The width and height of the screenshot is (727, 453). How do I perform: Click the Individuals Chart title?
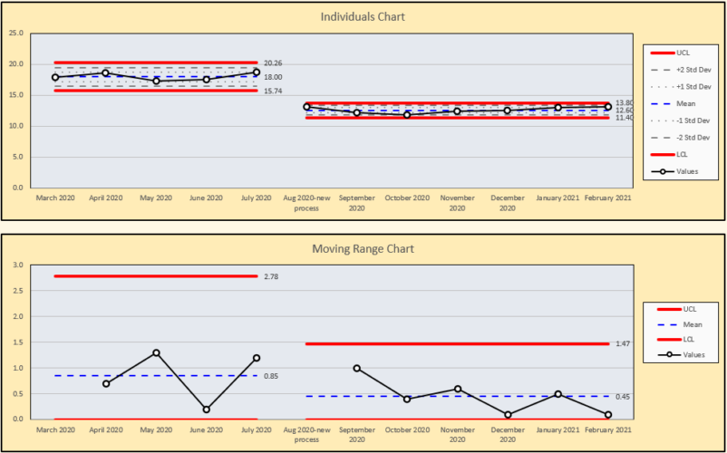363,17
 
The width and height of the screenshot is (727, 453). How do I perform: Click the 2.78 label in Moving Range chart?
270,275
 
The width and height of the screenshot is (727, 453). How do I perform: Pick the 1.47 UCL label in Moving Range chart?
622,344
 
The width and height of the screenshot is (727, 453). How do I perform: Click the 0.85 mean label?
270,376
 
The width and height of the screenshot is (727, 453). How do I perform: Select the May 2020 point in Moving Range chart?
156,352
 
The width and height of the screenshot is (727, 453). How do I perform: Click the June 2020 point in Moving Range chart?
207,410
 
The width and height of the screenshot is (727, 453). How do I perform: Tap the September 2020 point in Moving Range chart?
357,368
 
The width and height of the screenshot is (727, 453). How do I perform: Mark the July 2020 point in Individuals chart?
257,72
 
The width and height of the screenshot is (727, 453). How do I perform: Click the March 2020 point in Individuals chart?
55,78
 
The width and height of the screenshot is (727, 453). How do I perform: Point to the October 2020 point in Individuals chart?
407,115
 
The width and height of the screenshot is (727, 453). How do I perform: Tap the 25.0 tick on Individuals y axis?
15,34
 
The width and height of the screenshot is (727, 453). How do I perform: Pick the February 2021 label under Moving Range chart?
608,432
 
